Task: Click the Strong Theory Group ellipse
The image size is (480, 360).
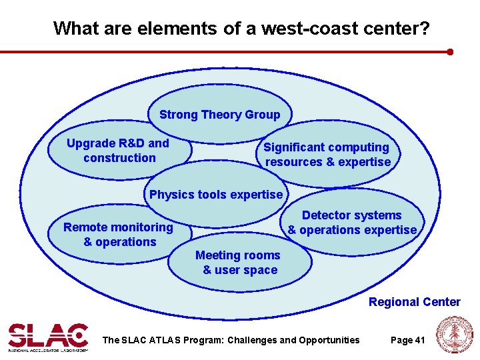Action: tap(219, 115)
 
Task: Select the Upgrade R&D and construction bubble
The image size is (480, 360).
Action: tap(119, 151)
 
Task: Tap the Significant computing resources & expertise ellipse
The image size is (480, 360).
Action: tap(327, 155)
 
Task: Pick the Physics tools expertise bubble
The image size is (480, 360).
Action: tap(216, 195)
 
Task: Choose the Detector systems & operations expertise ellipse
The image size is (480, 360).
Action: tap(352, 223)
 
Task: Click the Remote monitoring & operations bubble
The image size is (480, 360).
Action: tap(119, 235)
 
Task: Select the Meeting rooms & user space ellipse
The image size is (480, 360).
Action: tap(239, 263)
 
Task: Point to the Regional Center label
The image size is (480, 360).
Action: tap(414, 302)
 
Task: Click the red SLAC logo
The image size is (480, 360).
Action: tap(47, 336)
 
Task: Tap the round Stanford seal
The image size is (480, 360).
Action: tap(454, 335)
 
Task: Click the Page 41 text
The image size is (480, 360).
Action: tap(407, 340)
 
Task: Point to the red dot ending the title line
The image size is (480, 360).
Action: tap(451, 51)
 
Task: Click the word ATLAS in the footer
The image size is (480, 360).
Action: tap(163, 340)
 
